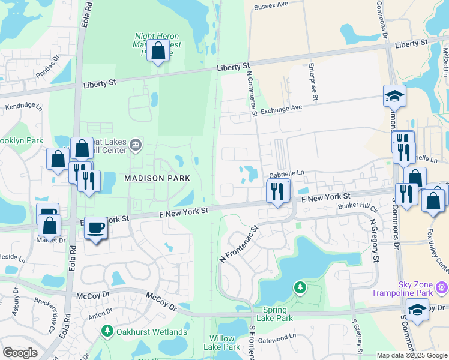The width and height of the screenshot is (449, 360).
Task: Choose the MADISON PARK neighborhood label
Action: click(157, 178)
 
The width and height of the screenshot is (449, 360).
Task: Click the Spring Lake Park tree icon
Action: click(300, 289)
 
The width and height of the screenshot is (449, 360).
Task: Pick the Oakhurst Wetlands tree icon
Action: click(107, 331)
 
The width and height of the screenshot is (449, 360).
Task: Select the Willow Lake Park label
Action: click(221, 343)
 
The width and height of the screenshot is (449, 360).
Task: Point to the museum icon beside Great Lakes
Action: click(136, 144)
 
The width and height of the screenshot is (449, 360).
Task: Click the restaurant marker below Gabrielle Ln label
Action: click(277, 193)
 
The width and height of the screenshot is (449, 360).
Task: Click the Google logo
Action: click(20, 353)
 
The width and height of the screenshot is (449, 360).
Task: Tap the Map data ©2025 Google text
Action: click(412, 355)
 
